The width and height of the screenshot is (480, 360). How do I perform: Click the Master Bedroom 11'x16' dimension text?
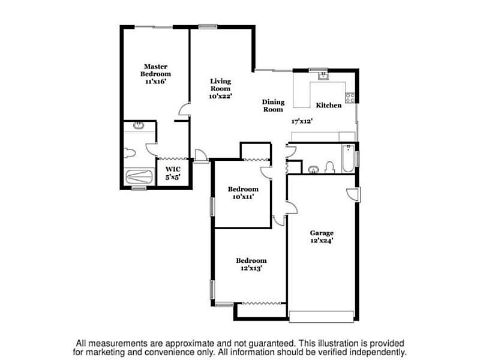(156, 82)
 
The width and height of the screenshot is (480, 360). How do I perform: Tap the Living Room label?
(220, 85)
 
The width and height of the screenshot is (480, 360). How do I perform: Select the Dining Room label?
(273, 106)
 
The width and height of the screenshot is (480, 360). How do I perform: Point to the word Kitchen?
(329, 106)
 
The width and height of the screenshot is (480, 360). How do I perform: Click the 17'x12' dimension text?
(302, 121)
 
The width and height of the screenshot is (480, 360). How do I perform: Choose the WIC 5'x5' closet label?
(173, 173)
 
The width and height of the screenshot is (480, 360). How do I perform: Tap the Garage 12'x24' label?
(322, 236)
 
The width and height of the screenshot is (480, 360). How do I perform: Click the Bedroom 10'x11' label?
(243, 193)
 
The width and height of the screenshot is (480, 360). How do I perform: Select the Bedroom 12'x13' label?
(251, 265)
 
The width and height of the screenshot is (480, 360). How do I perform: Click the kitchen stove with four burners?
(350, 98)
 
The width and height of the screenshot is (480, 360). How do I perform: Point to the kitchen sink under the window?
(323, 76)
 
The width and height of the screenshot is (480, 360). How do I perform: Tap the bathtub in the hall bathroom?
(348, 159)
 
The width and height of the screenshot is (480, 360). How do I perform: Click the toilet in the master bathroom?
(130, 152)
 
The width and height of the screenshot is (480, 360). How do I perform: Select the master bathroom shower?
(139, 176)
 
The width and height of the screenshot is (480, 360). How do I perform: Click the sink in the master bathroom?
(139, 125)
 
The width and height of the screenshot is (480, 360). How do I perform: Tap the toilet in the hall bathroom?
(329, 167)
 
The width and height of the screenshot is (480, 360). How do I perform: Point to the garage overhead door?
(322, 317)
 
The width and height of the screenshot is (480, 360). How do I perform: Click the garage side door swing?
(353, 194)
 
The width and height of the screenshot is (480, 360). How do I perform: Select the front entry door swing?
(201, 155)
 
